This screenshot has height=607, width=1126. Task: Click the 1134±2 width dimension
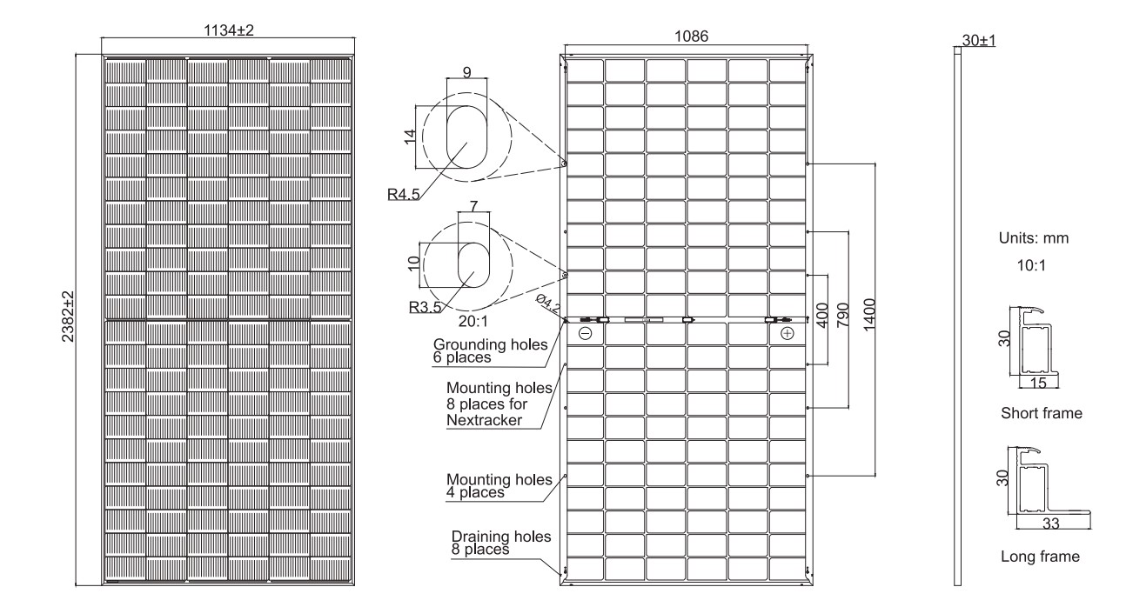click(229, 30)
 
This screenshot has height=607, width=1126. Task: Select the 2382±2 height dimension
click(67, 317)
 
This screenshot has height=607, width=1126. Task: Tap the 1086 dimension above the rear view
click(691, 37)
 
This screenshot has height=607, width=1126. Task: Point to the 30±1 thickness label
click(979, 40)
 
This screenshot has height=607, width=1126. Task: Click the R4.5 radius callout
click(403, 194)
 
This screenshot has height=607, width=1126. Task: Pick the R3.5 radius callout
click(425, 306)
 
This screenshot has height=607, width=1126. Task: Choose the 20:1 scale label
click(473, 321)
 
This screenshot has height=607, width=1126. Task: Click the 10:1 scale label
click(1031, 265)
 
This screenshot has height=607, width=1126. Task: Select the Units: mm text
click(1034, 237)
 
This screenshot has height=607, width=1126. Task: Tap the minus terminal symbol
click(585, 333)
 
